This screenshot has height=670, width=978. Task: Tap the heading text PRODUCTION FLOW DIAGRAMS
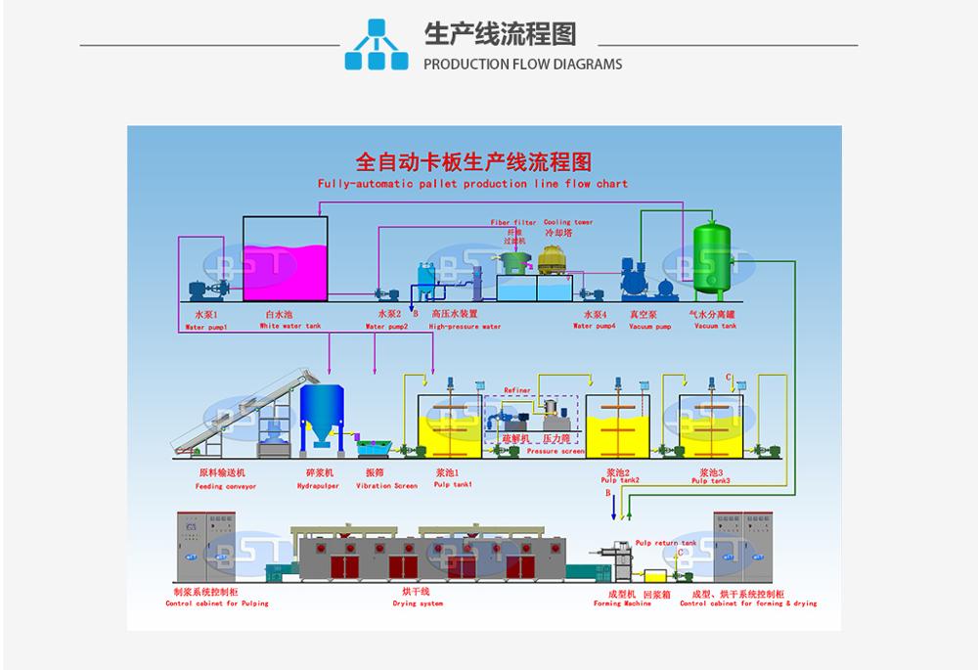(x=522, y=65)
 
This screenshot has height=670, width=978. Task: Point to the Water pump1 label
(x=205, y=327)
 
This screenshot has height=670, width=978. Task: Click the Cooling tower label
(x=568, y=222)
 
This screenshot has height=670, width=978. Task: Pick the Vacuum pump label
(x=643, y=326)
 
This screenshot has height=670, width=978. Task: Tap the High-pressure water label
(x=465, y=327)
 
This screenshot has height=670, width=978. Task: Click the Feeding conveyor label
(x=225, y=485)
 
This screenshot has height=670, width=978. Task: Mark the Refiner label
(x=517, y=389)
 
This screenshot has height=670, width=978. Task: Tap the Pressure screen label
(x=556, y=452)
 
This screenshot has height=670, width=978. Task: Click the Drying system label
(x=416, y=603)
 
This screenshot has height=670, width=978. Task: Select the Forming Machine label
(x=622, y=603)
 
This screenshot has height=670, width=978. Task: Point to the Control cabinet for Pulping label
(x=216, y=603)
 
